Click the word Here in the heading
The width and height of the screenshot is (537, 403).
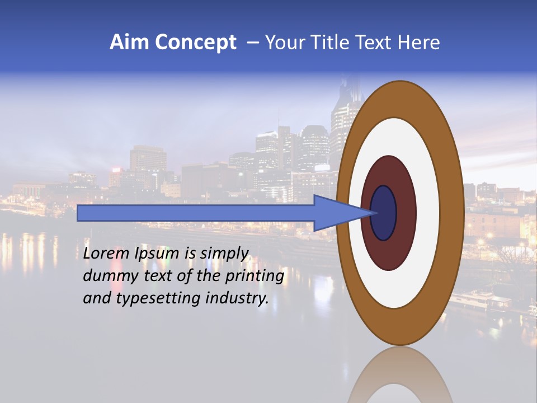(x=418, y=43)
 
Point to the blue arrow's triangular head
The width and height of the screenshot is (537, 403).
(x=341, y=213)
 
